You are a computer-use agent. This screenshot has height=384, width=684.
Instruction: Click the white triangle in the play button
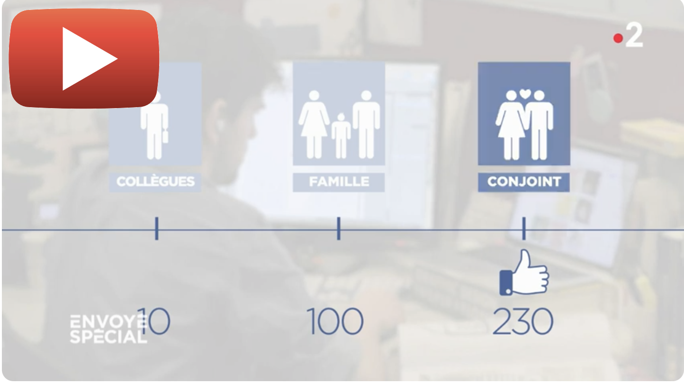(85, 58)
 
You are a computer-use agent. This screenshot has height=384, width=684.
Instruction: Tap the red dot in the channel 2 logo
(618, 38)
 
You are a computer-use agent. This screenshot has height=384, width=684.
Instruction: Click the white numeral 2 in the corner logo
(635, 35)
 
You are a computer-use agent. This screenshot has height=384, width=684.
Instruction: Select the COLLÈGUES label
(155, 182)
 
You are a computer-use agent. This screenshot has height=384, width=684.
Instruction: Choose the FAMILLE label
(339, 182)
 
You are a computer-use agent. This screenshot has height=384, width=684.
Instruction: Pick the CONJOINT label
(524, 182)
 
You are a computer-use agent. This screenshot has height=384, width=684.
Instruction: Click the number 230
(523, 321)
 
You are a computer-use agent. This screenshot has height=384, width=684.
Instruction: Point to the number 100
(335, 321)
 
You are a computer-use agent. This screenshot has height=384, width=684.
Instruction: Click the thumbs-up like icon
(524, 273)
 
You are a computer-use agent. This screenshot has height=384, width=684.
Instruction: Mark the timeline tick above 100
(339, 229)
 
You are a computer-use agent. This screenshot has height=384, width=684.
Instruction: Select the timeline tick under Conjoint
(524, 229)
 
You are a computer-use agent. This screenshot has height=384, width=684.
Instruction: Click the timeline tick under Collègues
(157, 229)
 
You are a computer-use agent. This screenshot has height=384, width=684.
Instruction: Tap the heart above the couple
(525, 93)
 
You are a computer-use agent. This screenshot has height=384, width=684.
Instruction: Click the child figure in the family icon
(341, 136)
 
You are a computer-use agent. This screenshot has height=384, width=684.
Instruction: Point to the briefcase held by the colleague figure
(165, 136)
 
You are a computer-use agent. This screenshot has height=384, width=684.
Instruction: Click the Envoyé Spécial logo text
(108, 329)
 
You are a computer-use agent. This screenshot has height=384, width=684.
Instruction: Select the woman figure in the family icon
(314, 124)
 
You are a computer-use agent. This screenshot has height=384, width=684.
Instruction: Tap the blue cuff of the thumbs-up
(506, 283)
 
